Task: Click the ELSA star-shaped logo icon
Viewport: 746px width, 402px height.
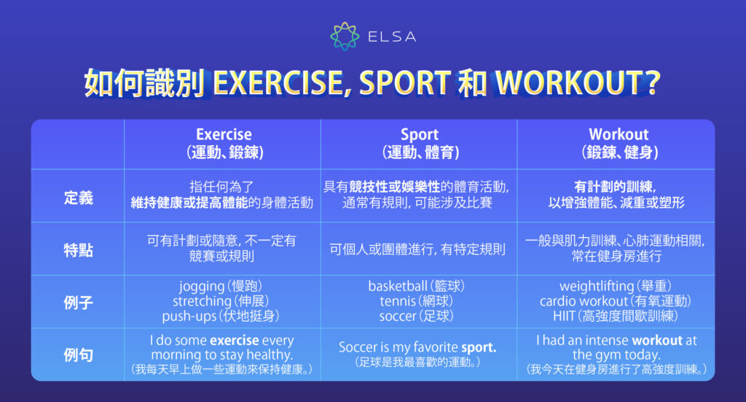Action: pyautogui.click(x=345, y=36)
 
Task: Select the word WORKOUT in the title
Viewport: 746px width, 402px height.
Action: pyautogui.click(x=568, y=84)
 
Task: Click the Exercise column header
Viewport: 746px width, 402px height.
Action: pyautogui.click(x=224, y=135)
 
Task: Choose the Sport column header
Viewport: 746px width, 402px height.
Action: pyautogui.click(x=420, y=135)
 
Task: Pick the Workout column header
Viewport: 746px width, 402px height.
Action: pyautogui.click(x=619, y=135)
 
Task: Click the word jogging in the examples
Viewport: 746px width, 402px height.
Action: pyautogui.click(x=201, y=286)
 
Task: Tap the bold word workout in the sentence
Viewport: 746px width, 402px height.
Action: pyautogui.click(x=657, y=340)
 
